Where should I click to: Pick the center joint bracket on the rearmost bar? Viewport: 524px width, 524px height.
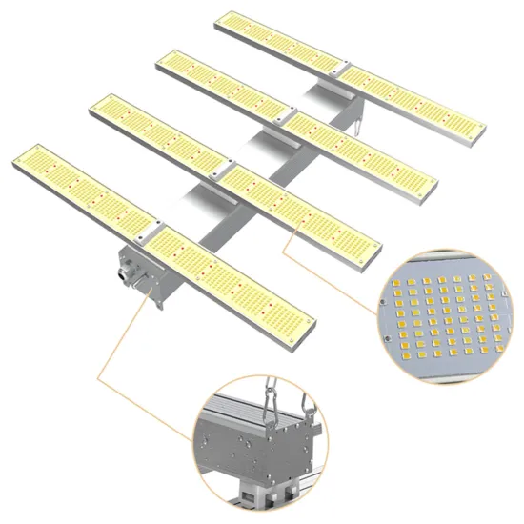pos(334,73)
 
